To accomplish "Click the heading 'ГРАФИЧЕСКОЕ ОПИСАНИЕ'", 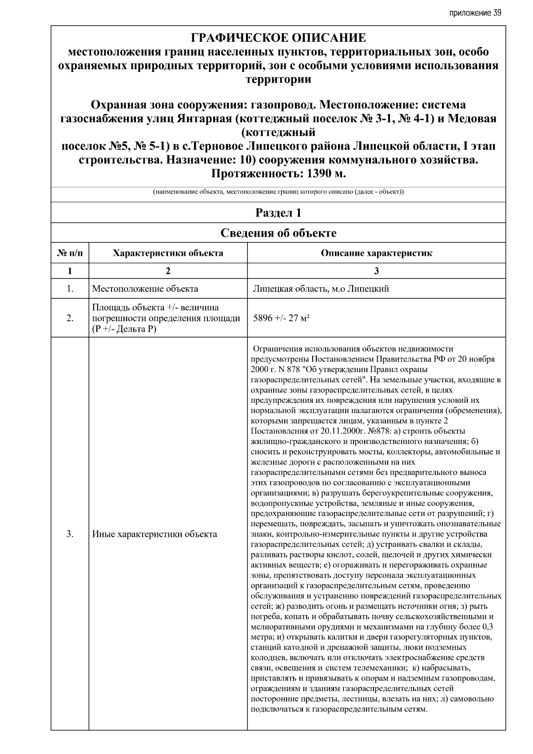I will point(278,38).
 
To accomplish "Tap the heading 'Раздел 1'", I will point(278,213).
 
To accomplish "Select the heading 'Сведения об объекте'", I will point(278,233).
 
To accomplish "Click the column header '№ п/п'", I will point(70,253).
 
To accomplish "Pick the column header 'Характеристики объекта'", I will point(168,253).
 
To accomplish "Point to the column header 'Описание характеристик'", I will point(376,253).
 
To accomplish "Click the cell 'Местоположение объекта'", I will point(145,289).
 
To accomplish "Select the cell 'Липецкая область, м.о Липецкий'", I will point(321,289).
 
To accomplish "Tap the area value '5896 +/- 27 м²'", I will point(281,318).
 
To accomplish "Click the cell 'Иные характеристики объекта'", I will point(155,534).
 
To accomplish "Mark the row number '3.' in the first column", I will point(70,534).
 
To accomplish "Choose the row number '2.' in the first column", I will point(70,318).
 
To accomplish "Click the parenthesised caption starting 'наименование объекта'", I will point(278,192).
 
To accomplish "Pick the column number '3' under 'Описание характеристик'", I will point(376,271).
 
